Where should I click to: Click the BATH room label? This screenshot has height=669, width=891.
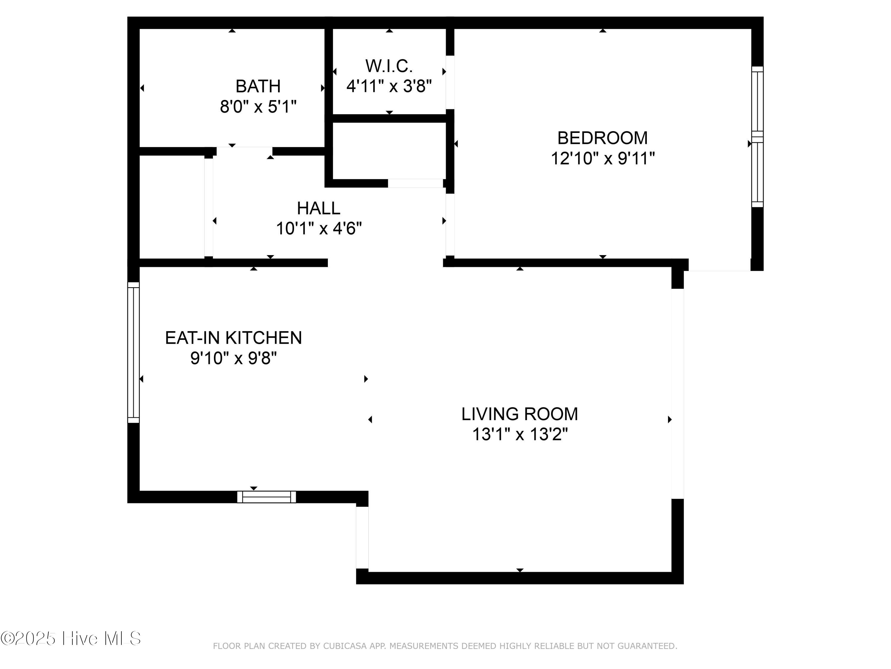(x=258, y=86)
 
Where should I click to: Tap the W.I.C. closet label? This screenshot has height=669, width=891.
(x=389, y=66)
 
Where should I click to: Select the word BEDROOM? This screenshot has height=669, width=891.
(x=603, y=138)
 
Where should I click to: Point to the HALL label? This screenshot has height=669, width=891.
(x=319, y=208)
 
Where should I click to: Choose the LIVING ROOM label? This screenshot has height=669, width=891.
(x=520, y=414)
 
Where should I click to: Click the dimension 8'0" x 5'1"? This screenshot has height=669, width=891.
(x=258, y=107)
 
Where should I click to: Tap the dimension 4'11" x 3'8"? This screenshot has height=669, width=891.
(x=389, y=86)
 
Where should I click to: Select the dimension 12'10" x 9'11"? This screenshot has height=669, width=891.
(x=603, y=158)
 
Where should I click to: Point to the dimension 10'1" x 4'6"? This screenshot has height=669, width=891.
(x=319, y=229)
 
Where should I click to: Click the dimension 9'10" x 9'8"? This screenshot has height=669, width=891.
(x=234, y=358)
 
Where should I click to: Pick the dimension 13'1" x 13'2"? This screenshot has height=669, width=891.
(x=520, y=435)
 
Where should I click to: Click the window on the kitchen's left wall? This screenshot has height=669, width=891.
(x=134, y=352)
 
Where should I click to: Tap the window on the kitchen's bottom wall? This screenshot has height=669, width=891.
(x=266, y=497)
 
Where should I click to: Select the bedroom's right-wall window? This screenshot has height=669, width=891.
(x=757, y=137)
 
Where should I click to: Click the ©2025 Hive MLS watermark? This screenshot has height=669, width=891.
(x=71, y=638)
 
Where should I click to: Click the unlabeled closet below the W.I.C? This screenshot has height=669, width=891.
(x=389, y=150)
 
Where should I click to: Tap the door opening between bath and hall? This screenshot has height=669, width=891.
(x=244, y=151)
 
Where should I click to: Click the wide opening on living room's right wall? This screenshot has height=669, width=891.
(x=677, y=394)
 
